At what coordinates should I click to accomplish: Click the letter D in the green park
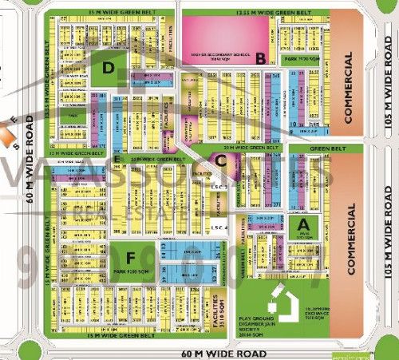[106, 69]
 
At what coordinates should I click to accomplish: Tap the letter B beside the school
[260, 57]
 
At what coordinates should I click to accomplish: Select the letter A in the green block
[302, 226]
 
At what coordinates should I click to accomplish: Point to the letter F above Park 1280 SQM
[130, 257]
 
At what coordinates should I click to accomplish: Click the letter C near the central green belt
[220, 159]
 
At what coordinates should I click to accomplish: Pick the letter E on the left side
[117, 159]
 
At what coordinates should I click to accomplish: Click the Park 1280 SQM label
[132, 273]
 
